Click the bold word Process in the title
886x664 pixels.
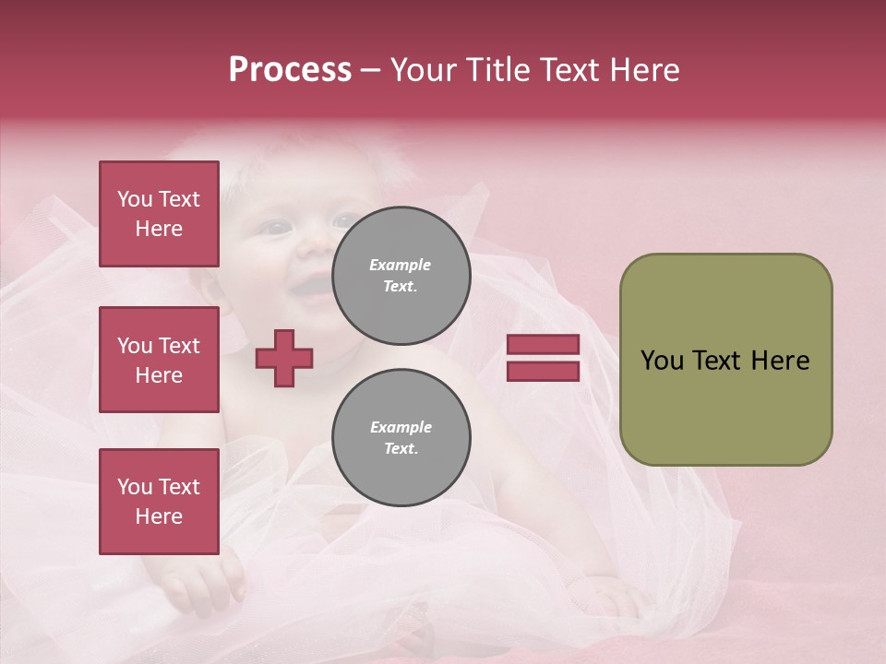click(x=290, y=70)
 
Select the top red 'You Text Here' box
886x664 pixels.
click(x=159, y=214)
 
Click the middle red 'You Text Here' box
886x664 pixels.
click(x=159, y=360)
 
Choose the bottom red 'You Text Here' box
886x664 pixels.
click(x=159, y=501)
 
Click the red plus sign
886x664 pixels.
click(x=284, y=358)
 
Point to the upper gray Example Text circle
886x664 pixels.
click(x=401, y=276)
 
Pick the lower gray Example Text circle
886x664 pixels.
click(x=401, y=438)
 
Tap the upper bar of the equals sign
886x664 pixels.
click(x=543, y=345)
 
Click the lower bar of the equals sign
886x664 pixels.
click(x=543, y=371)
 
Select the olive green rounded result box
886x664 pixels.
click(x=725, y=360)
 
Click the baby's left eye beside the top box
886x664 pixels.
click(x=273, y=227)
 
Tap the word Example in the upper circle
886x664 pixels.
click(x=401, y=265)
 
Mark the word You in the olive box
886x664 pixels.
click(x=663, y=361)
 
